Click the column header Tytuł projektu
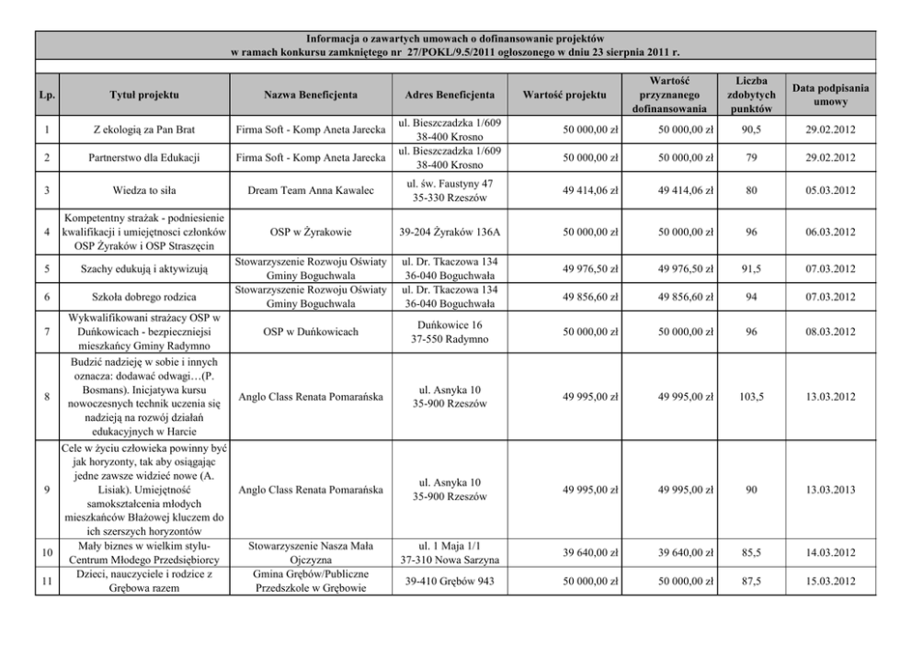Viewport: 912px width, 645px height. tap(143, 95)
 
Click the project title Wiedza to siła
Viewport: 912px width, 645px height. tap(143, 191)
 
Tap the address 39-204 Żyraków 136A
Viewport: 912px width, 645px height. tap(450, 234)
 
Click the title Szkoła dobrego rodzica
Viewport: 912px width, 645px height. tap(143, 297)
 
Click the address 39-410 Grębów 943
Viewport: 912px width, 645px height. tap(450, 582)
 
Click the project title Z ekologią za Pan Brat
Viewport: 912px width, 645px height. tap(143, 130)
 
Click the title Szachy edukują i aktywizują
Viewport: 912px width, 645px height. tap(143, 268)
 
